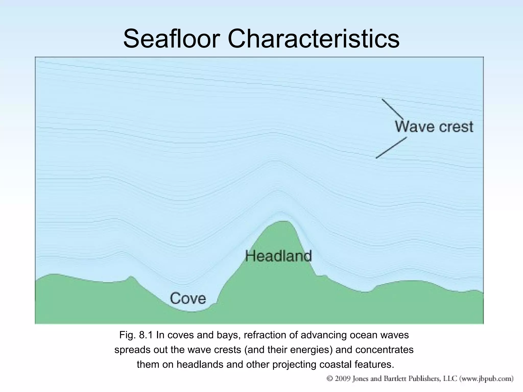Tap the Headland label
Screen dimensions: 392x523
tap(278, 256)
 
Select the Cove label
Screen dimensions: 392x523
tap(188, 298)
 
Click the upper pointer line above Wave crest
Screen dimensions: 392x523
tap(392, 109)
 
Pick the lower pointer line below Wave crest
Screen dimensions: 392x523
tap(391, 148)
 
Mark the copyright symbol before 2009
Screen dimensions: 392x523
tap(330, 378)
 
